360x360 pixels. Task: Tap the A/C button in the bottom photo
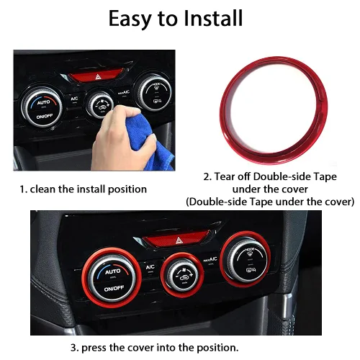click(150, 268)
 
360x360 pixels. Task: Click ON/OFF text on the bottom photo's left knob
click(113, 289)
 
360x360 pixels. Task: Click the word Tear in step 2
click(235, 176)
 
